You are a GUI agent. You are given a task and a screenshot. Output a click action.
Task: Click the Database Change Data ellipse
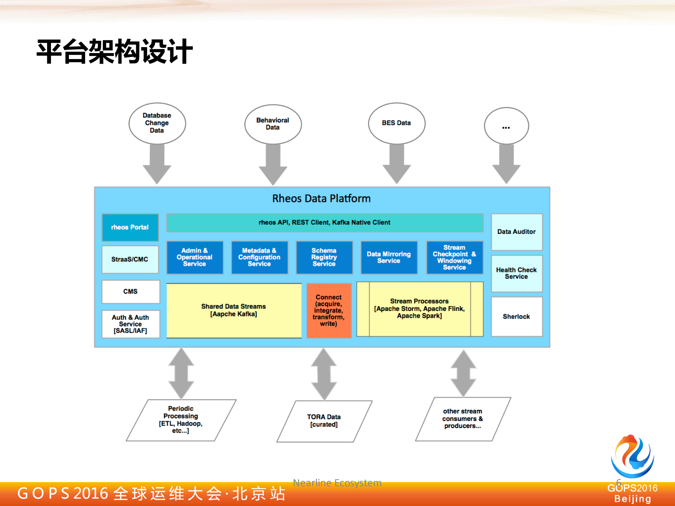click(157, 123)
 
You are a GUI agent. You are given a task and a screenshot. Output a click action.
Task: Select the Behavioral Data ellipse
click(273, 124)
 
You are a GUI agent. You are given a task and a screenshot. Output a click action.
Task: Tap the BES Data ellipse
click(396, 123)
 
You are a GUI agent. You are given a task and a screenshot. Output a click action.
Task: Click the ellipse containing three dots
click(506, 126)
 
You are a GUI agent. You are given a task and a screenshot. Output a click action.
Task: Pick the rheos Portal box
click(130, 228)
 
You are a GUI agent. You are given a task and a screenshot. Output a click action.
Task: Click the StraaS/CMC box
click(130, 260)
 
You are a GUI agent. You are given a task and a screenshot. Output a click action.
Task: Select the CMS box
click(130, 292)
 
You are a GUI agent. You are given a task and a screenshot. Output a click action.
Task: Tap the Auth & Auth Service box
click(130, 324)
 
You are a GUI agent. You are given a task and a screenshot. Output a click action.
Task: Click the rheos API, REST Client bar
click(324, 223)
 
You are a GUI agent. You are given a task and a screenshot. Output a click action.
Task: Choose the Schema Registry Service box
click(324, 257)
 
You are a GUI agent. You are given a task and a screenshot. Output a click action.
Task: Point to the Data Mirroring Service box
click(389, 257)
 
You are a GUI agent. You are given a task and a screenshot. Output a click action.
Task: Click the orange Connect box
click(329, 310)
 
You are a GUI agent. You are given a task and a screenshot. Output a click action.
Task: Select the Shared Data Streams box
click(234, 310)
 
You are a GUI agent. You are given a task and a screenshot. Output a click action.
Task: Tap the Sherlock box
click(516, 316)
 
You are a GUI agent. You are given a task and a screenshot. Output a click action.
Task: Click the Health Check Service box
click(516, 273)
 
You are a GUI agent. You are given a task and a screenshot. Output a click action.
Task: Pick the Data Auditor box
click(516, 232)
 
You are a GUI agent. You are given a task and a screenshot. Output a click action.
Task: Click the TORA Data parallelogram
click(324, 421)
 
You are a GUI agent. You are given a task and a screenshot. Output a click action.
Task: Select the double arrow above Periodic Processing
click(181, 373)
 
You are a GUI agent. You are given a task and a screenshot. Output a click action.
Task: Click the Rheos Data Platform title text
click(321, 199)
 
